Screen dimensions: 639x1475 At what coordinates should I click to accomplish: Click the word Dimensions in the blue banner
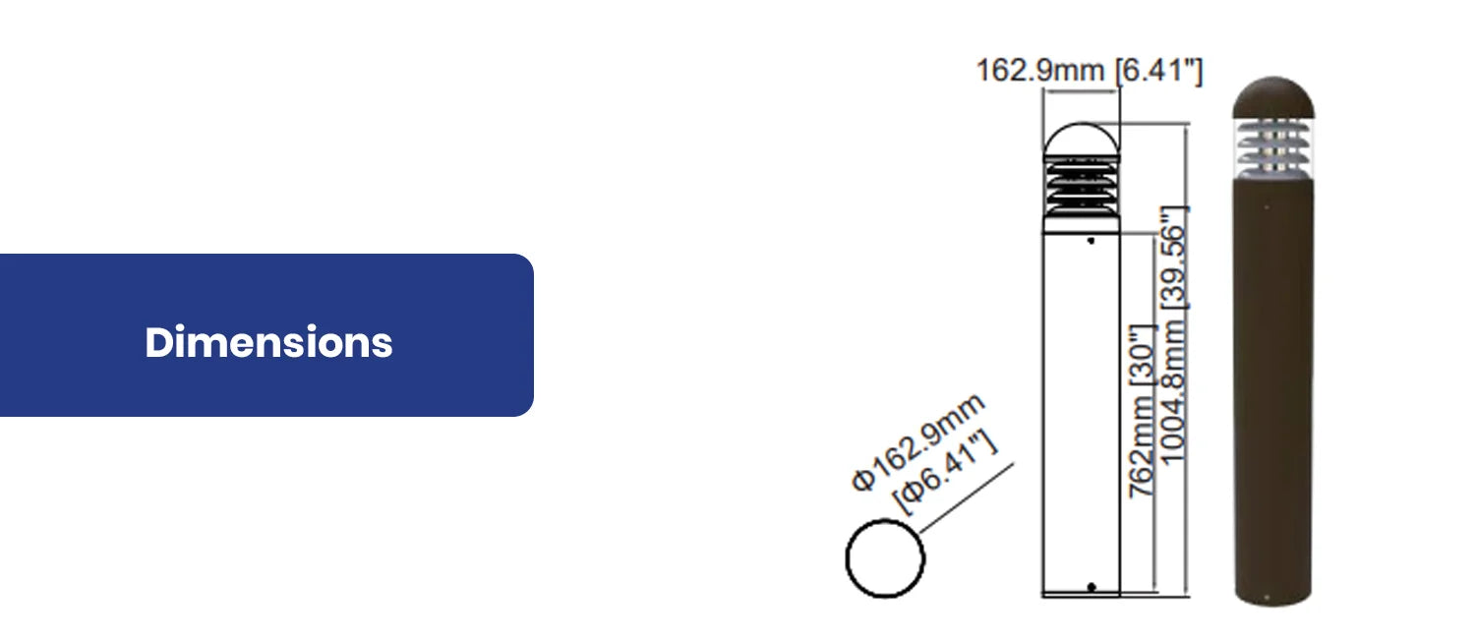[x=268, y=342]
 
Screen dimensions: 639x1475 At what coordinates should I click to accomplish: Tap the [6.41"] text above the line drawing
[x=1158, y=71]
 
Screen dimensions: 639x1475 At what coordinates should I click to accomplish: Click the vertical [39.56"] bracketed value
[x=1174, y=257]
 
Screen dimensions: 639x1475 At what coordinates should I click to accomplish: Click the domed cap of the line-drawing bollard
[x=1081, y=141]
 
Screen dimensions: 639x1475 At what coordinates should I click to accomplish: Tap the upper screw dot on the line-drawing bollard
[x=1091, y=240]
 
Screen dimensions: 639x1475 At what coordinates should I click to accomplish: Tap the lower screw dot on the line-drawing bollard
[x=1091, y=587]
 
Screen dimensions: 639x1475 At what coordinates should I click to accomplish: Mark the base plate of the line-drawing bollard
[x=1081, y=595]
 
